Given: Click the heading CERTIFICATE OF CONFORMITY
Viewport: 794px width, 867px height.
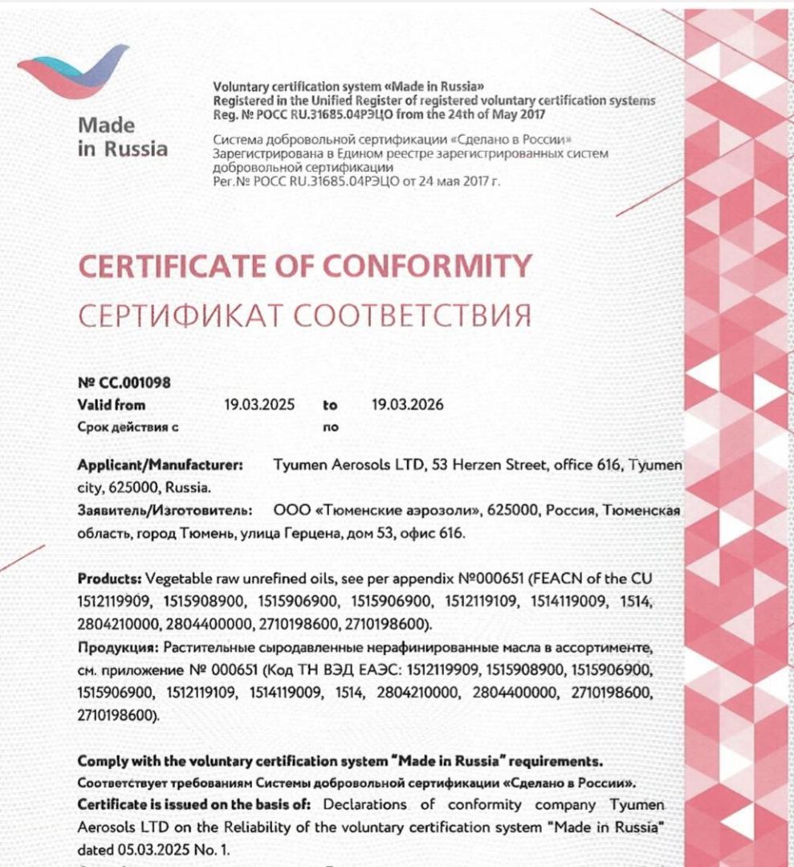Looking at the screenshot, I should click(x=305, y=265).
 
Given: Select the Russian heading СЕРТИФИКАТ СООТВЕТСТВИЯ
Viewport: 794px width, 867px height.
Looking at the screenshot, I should click(x=305, y=315).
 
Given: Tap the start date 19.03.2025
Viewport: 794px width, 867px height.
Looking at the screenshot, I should click(x=259, y=405).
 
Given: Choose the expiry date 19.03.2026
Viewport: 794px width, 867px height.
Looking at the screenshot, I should click(x=407, y=405).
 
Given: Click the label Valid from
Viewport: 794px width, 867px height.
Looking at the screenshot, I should click(x=112, y=405).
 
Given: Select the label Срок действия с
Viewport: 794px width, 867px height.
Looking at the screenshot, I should click(x=128, y=427).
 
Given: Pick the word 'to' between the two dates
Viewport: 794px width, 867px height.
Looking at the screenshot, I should click(x=331, y=405).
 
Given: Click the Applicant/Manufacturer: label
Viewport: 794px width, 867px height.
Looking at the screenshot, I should click(x=161, y=465).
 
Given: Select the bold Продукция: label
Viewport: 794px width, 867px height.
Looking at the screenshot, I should click(x=117, y=647).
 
